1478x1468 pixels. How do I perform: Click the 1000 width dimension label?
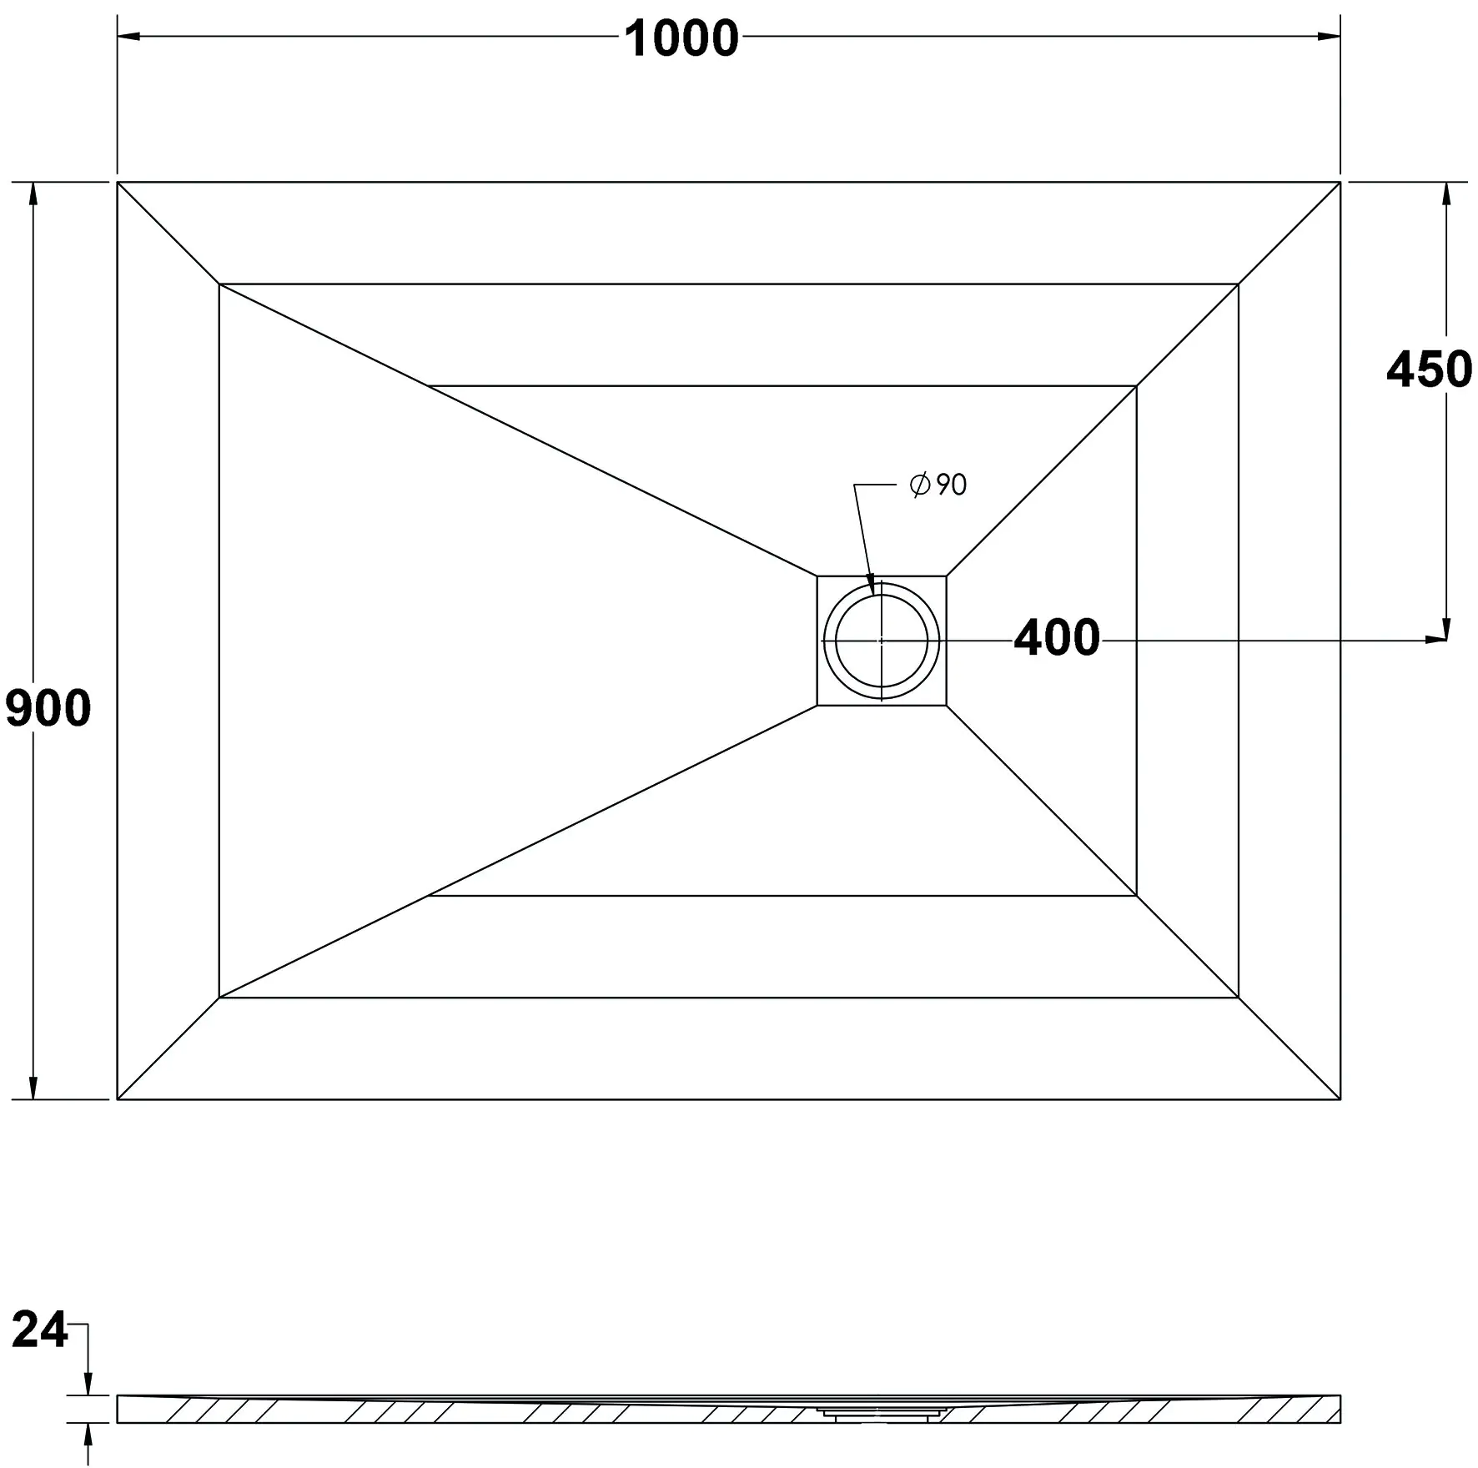(x=681, y=39)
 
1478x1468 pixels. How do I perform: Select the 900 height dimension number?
(x=48, y=709)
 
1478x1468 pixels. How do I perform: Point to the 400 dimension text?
(x=1057, y=638)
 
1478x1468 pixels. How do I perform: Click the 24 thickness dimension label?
(x=39, y=1353)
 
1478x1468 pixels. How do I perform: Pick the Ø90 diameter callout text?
(x=938, y=485)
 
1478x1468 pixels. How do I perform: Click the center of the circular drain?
(x=882, y=641)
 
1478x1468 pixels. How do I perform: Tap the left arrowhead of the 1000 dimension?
(x=128, y=37)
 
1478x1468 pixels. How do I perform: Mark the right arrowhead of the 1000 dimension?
(x=1330, y=37)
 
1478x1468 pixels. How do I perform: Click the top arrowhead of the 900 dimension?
(x=33, y=193)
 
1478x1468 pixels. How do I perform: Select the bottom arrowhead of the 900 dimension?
(x=33, y=1088)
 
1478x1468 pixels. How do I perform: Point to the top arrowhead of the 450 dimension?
(x=1446, y=193)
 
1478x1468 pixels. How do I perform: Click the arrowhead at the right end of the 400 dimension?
(x=1435, y=641)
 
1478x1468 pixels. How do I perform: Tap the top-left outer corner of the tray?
(x=118, y=182)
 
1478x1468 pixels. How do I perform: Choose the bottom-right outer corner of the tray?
(x=1340, y=1099)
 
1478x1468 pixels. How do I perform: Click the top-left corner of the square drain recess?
(x=817, y=576)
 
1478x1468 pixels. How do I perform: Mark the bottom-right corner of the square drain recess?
(x=947, y=706)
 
